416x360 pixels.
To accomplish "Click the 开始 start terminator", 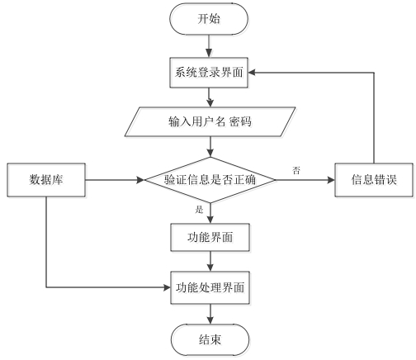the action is point(209,19).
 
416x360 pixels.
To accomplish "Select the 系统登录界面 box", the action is point(209,73).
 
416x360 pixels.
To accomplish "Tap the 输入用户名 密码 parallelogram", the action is point(210,121).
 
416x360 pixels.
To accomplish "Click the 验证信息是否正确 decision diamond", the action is point(210,180).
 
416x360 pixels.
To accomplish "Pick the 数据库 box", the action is point(46,180).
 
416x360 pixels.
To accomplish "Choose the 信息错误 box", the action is point(374,180).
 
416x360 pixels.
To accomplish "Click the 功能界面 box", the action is point(210,237).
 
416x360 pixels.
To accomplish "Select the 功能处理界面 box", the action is point(210,287).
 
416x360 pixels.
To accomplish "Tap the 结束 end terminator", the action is point(210,340).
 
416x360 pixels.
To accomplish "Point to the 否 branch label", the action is point(296,170).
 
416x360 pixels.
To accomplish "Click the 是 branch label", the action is point(199,210).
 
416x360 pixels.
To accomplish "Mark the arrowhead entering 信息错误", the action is point(331,180).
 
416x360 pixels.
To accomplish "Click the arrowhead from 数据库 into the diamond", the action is point(141,180).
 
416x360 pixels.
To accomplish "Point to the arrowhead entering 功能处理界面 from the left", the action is point(167,287).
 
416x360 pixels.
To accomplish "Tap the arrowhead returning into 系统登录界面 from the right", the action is point(252,73).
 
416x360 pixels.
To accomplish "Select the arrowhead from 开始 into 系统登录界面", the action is point(209,54).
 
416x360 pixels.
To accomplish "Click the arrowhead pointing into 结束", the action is point(210,320).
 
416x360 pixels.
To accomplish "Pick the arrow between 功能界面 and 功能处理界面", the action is point(210,261).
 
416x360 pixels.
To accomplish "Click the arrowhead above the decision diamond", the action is point(210,154).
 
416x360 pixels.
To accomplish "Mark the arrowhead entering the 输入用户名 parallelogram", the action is point(210,103).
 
